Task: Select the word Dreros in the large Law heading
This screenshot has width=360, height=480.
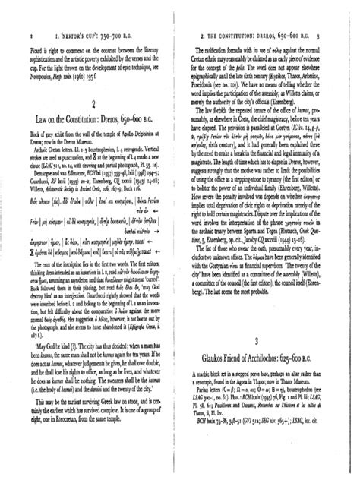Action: [x=122, y=118]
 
